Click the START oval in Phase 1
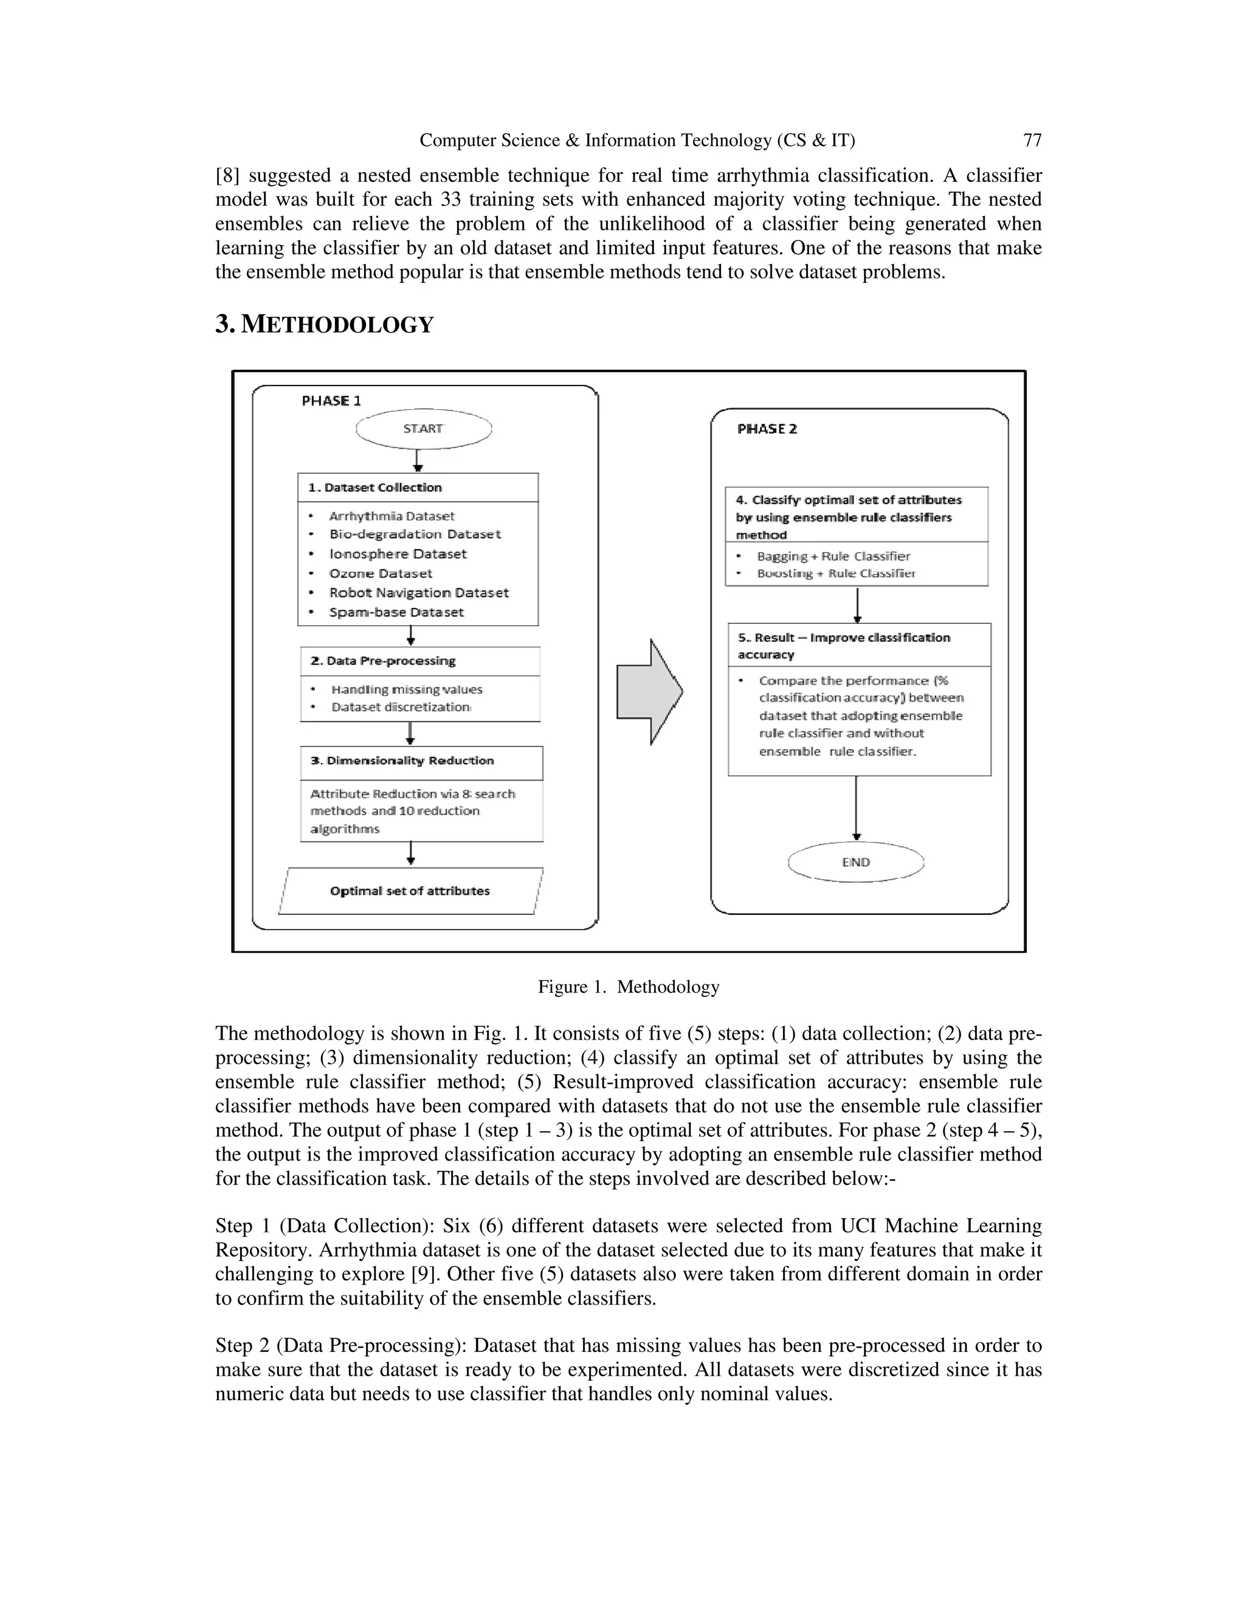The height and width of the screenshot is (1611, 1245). click(x=423, y=429)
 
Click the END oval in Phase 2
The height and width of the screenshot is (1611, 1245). click(x=855, y=861)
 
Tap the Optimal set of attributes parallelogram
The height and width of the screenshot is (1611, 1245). click(x=410, y=891)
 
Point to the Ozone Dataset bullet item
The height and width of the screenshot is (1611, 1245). click(x=381, y=573)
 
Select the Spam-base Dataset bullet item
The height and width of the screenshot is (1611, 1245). click(x=396, y=612)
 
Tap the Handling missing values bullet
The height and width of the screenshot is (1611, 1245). click(x=407, y=690)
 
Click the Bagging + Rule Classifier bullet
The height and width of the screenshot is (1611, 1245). click(x=833, y=556)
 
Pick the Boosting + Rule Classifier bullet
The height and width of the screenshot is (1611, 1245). click(x=836, y=573)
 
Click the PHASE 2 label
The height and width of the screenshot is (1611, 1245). click(x=767, y=429)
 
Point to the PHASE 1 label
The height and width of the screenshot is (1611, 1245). click(x=331, y=401)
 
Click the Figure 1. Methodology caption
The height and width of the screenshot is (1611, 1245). click(x=629, y=987)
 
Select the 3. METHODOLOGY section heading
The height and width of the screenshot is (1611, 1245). click(x=325, y=325)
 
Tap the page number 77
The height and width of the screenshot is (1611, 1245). click(x=1032, y=140)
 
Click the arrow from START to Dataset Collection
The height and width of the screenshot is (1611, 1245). click(x=418, y=460)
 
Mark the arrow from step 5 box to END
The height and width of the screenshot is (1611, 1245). click(x=857, y=808)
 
